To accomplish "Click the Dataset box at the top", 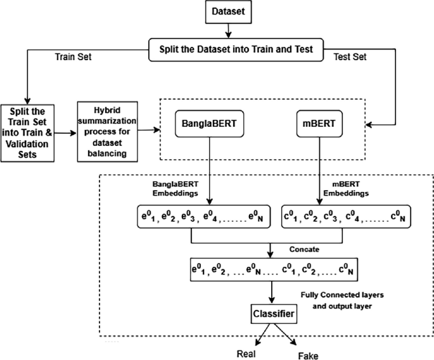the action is pos(228,11).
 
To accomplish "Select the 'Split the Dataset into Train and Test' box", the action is pos(236,49).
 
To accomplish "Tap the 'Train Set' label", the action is pos(73,57).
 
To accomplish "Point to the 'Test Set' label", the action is pos(350,57).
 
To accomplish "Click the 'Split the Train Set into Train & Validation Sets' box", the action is pos(27,133).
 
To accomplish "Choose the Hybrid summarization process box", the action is pos(108,132).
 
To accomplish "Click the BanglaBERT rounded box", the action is pos(210,124).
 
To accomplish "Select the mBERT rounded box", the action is pos(319,124).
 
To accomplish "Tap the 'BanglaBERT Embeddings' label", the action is pos(176,189).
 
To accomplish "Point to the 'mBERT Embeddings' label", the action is pos(346,189).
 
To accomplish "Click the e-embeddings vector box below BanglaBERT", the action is pos(204,217).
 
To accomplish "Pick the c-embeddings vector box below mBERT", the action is pos(346,217).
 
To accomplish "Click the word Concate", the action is pos(304,249).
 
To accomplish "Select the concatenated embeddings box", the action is pos(274,269).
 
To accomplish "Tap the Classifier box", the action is pos(274,314).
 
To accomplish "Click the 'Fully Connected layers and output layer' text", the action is pos(342,300).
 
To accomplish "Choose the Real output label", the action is pos(246,354).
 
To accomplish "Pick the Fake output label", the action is pos(308,356).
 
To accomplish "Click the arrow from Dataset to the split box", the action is pos(228,30).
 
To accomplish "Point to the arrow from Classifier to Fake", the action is pos(285,334).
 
